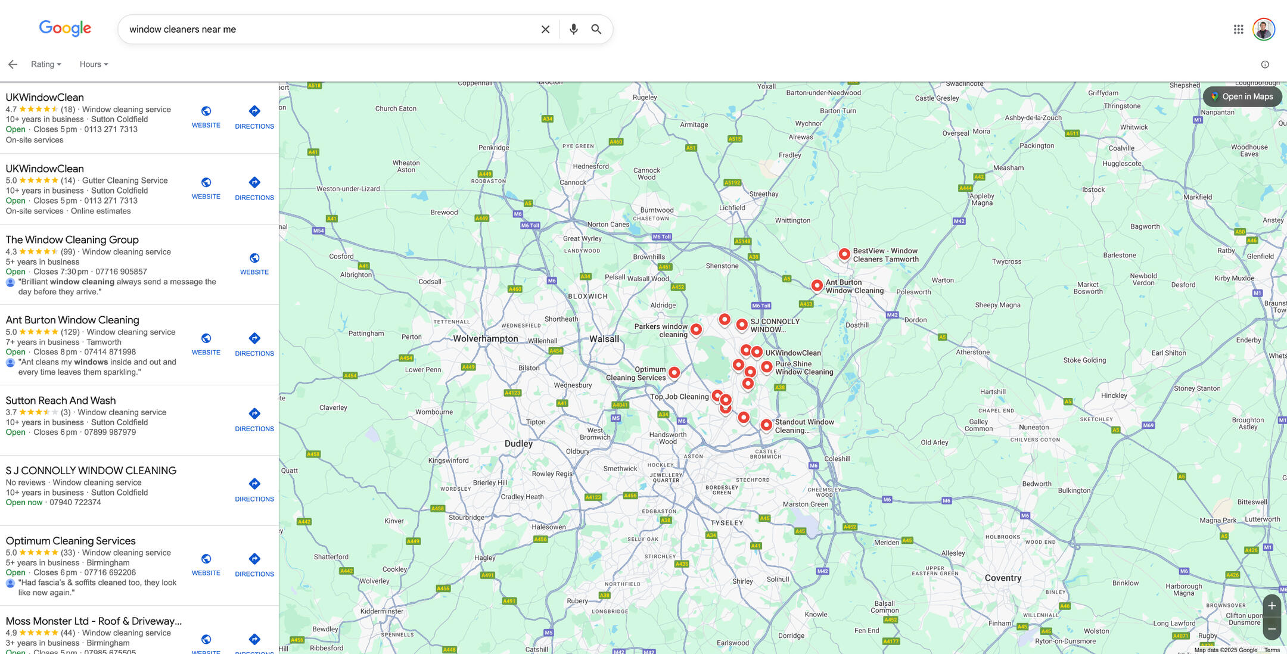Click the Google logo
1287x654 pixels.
click(65, 28)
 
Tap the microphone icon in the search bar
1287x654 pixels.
click(573, 29)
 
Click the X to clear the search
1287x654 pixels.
click(545, 29)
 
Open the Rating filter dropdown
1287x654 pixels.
click(46, 64)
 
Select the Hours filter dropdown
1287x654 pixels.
click(94, 64)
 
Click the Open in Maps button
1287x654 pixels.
click(1242, 96)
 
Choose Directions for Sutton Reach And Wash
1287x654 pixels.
click(254, 419)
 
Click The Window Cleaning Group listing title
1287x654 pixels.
click(72, 239)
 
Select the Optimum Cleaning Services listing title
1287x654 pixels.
click(71, 541)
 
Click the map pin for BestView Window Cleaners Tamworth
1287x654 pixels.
click(844, 254)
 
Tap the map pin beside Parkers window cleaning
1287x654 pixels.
click(696, 329)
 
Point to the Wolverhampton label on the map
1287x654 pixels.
click(486, 338)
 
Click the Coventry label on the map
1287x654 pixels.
click(1003, 578)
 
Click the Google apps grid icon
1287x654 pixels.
click(1238, 29)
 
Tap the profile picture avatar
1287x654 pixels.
click(1263, 29)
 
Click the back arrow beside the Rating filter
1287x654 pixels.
click(13, 64)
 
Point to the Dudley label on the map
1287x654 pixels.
click(518, 444)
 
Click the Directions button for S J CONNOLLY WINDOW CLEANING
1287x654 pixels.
click(254, 489)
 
